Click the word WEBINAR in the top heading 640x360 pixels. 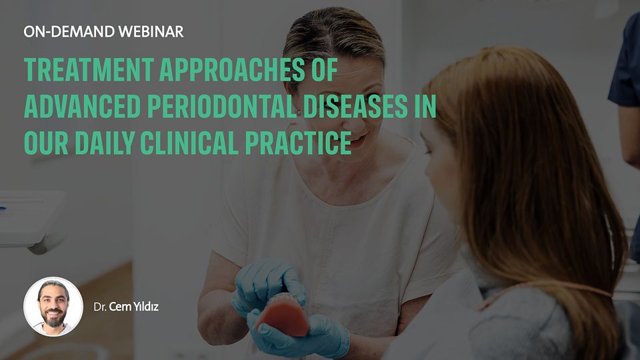(x=151, y=32)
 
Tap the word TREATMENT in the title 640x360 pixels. (x=89, y=70)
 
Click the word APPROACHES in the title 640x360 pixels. (x=232, y=70)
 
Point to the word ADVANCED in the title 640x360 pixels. (x=82, y=107)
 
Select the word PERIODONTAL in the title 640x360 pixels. (x=222, y=107)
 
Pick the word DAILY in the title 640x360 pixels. (x=105, y=143)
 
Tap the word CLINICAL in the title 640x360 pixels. (x=189, y=143)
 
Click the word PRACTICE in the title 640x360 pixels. (x=299, y=143)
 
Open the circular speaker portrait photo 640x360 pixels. (x=53, y=307)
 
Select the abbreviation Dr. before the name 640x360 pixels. (x=100, y=307)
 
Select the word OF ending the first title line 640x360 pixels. (x=325, y=70)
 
